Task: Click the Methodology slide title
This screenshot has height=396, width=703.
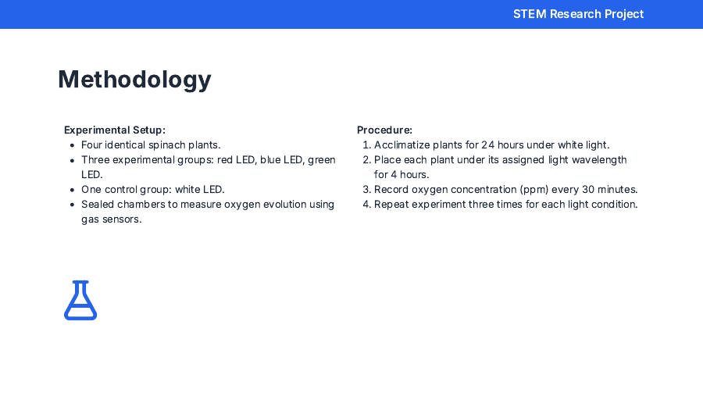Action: coord(134,80)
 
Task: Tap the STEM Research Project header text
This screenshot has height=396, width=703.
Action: coord(578,14)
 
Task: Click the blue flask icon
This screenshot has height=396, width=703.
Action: coord(80,301)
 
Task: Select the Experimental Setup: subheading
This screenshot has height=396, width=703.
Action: coord(115,130)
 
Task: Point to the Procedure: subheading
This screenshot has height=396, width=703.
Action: coord(384,130)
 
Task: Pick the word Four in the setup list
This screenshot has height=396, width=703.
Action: coord(93,144)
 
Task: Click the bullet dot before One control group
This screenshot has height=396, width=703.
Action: coord(72,190)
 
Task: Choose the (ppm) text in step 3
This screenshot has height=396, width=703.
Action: coord(532,190)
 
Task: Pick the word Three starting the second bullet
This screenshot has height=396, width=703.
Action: coord(96,159)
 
